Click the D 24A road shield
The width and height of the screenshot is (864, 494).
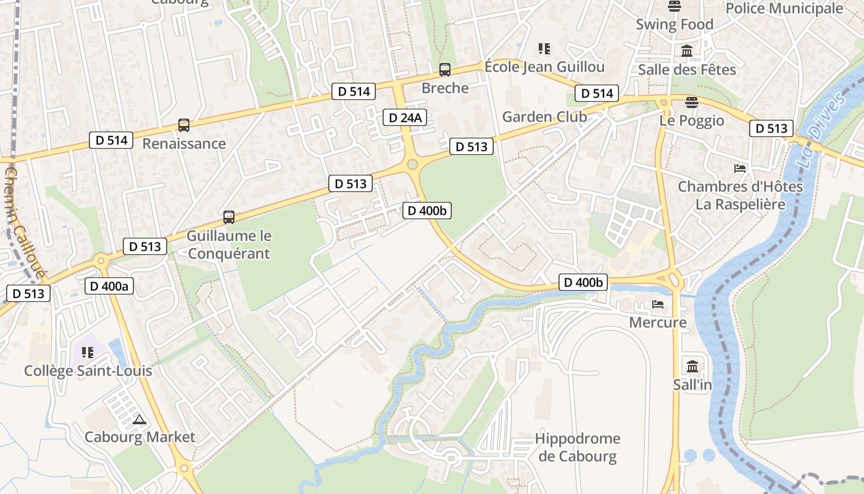[x=405, y=117]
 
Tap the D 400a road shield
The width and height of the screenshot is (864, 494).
[x=109, y=286]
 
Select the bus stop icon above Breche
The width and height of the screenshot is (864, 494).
[x=444, y=70]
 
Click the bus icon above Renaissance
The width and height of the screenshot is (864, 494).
[x=184, y=125]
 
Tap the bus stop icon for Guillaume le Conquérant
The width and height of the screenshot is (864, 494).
[x=229, y=217]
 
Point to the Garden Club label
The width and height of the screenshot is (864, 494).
[x=544, y=117]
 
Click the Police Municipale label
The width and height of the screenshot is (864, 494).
[x=784, y=9]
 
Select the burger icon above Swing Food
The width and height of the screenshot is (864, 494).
[x=675, y=7]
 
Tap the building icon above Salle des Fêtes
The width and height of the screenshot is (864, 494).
[x=687, y=51]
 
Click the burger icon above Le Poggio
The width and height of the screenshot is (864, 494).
[x=691, y=103]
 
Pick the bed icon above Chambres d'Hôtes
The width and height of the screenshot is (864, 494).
[x=740, y=168]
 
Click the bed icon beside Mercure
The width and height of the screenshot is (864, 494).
[x=658, y=304]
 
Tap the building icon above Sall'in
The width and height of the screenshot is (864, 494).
[x=692, y=366]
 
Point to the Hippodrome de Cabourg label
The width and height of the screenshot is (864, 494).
[x=577, y=448]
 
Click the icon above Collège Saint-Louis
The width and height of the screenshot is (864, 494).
[x=87, y=353]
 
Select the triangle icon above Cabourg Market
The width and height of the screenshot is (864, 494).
[x=139, y=420]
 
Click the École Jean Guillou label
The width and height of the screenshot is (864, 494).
[x=544, y=67]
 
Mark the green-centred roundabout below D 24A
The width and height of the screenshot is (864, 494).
[x=412, y=164]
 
